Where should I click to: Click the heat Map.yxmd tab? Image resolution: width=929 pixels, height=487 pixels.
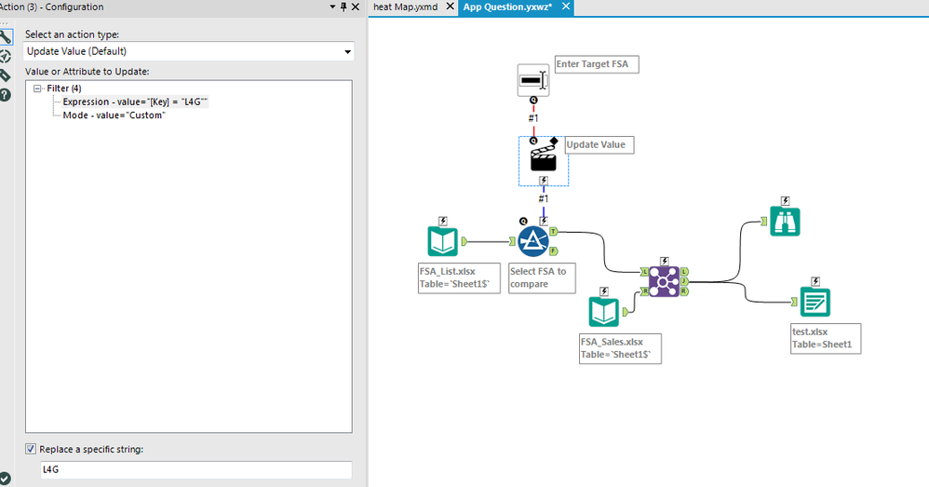click(x=405, y=7)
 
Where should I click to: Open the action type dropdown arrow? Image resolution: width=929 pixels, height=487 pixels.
click(x=347, y=52)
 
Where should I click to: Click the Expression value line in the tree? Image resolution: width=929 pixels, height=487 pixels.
click(x=135, y=101)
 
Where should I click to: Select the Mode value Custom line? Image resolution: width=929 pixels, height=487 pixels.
click(x=114, y=115)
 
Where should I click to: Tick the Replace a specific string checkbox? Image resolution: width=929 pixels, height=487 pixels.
click(x=32, y=450)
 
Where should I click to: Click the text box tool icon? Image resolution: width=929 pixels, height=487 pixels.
click(x=533, y=80)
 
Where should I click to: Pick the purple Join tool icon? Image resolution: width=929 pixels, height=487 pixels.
click(x=665, y=280)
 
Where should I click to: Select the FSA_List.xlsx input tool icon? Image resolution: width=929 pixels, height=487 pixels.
click(x=442, y=241)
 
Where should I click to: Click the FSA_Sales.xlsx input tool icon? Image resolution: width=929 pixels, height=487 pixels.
click(x=603, y=312)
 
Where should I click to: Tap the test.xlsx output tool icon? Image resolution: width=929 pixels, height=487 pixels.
click(x=815, y=302)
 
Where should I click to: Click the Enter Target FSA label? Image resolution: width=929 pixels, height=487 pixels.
click(x=596, y=64)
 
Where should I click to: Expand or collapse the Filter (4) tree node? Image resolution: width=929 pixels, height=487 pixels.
click(x=36, y=88)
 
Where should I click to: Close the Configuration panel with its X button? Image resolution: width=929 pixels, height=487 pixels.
click(x=355, y=7)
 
